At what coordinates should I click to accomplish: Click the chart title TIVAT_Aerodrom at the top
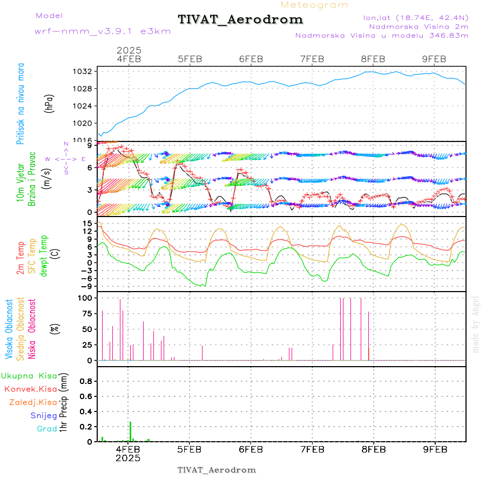[x=240, y=19]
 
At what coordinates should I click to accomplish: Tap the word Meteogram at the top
[x=315, y=5]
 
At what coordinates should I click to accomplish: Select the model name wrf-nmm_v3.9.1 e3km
[x=103, y=31]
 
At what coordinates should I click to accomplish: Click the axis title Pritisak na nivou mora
[x=21, y=103]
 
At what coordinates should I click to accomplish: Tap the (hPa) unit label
[x=50, y=103]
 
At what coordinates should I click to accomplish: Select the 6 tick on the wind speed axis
[x=90, y=167]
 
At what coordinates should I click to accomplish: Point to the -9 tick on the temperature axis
[x=87, y=286]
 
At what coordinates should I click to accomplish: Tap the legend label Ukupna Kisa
[x=29, y=375]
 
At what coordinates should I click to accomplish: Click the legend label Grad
[x=47, y=429]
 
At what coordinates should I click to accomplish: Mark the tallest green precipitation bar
[x=130, y=431]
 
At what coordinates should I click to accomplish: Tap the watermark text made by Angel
[x=476, y=324]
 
